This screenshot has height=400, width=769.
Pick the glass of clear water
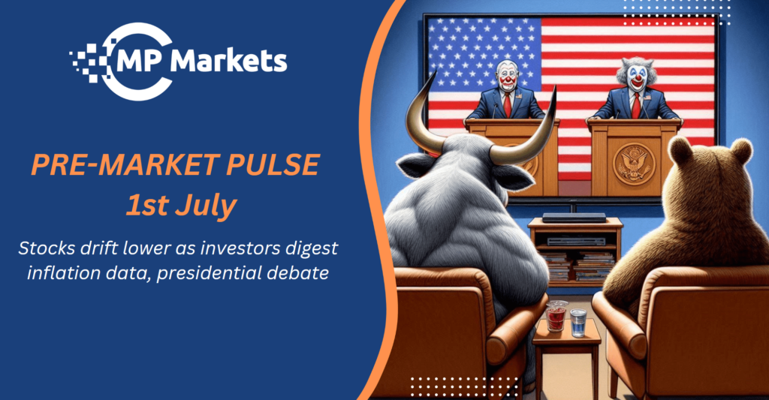coord(578,323)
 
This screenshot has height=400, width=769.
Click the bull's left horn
coord(422,118)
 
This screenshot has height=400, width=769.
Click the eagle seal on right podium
coord(634,164)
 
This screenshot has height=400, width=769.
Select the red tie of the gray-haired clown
coord(636,106)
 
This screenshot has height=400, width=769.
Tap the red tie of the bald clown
coord(508,105)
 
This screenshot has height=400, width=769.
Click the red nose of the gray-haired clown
coord(637,78)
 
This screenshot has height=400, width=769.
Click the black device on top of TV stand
coord(574,218)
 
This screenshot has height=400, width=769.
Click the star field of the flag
coord(484,55)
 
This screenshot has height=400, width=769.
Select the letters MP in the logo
coord(140,62)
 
